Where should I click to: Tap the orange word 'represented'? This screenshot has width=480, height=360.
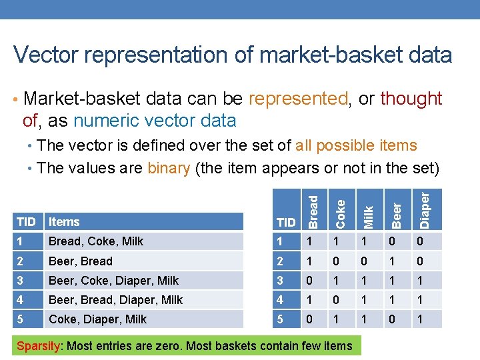coord(298,99)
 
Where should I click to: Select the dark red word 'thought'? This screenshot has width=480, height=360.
coord(411,99)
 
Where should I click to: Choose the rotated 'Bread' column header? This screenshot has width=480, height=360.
coord(312,209)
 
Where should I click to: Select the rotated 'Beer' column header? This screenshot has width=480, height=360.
coord(396,213)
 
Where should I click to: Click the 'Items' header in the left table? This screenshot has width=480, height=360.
coord(64,222)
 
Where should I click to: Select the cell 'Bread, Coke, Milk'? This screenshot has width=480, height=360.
coord(95,241)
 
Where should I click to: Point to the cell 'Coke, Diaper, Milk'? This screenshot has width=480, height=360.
coord(97,319)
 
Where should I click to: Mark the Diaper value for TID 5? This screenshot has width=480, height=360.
coord(419,319)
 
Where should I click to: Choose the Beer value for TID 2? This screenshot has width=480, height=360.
coord(391,261)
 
